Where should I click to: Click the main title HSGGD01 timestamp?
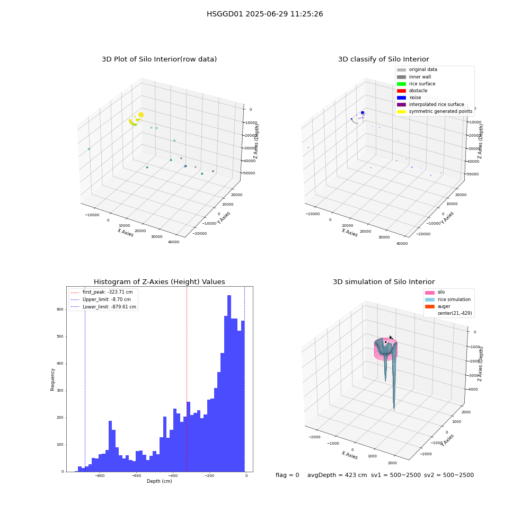(264, 14)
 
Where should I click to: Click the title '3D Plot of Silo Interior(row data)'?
(159, 59)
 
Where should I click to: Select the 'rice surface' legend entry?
(416, 84)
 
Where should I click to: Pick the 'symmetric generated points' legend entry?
(435, 111)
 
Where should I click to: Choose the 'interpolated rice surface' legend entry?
(430, 104)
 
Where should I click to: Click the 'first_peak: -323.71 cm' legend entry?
(102, 292)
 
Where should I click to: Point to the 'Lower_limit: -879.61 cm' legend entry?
(103, 307)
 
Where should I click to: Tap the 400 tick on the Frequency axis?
(60, 364)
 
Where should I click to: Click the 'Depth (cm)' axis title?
(159, 481)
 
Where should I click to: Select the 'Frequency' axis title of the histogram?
(52, 379)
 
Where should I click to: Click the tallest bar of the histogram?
(229, 383)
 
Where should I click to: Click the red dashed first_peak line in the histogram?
(187, 379)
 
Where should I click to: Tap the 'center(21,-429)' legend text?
(455, 313)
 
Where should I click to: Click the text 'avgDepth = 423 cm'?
(337, 475)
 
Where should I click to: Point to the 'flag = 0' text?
(287, 475)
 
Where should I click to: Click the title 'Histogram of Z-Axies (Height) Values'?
(159, 282)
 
